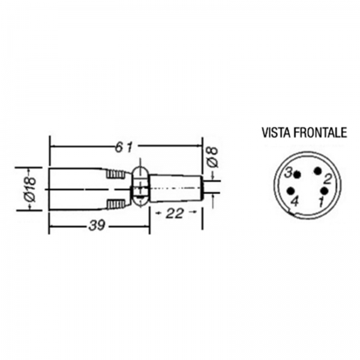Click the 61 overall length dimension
point(124,147)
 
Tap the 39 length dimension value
point(97,226)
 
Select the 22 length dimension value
point(175,213)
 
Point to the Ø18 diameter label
point(31,189)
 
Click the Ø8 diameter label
point(212,157)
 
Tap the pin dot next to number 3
point(298,175)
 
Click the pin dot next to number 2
point(318,171)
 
